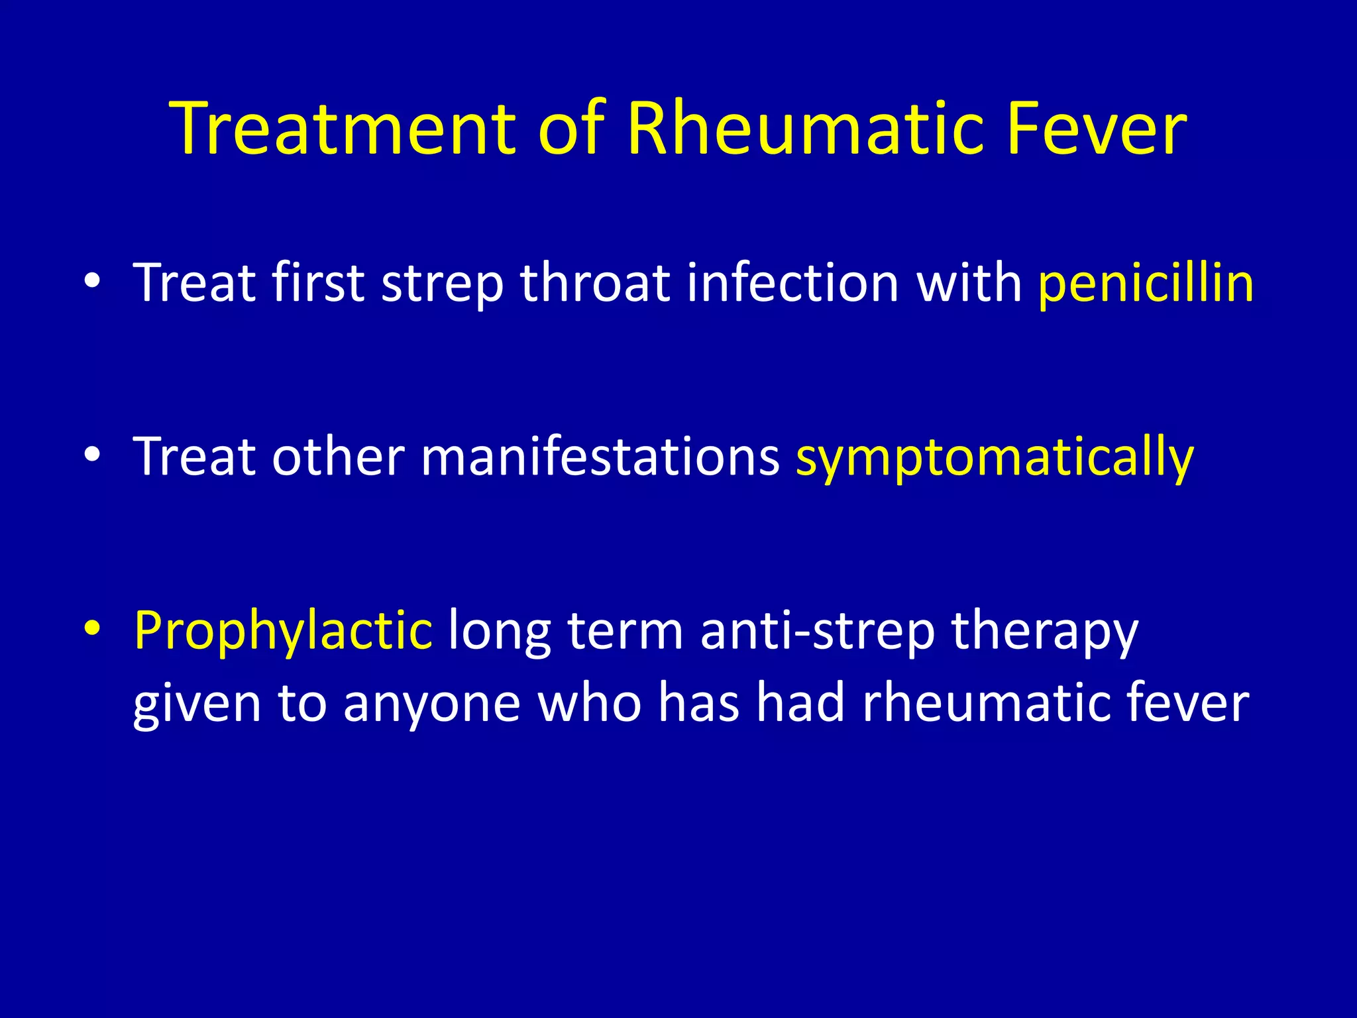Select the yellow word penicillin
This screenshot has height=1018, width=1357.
tap(1146, 284)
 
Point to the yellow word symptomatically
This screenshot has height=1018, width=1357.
tap(994, 457)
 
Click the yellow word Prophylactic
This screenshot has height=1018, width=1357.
tap(283, 631)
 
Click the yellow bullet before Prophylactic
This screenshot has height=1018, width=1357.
tap(93, 628)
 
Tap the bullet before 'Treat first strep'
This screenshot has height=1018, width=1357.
tap(93, 281)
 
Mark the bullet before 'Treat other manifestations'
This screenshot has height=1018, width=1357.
tap(93, 455)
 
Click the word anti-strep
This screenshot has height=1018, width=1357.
tap(817, 631)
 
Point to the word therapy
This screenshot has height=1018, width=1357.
tap(1045, 631)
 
